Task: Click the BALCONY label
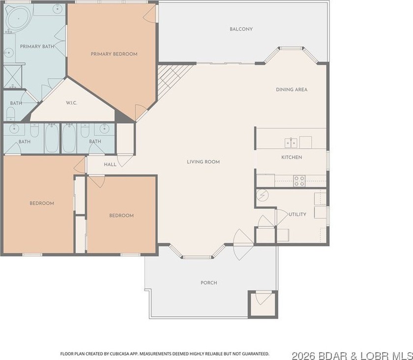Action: coord(241,29)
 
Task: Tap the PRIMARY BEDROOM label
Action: coord(114,54)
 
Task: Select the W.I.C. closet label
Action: coord(72,103)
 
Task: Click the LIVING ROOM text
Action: coord(204,162)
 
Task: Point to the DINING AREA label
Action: coord(292,90)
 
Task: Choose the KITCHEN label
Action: coord(292,157)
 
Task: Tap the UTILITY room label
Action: coord(297,214)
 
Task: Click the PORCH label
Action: coord(209,283)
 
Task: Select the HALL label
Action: coord(110,164)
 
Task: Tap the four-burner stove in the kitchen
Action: coord(299,181)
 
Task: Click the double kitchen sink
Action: coord(291,143)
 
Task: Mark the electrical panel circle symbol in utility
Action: coord(263,195)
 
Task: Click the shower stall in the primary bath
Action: coord(13,76)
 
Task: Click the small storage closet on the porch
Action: coord(263,304)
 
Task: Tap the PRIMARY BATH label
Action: coord(37,47)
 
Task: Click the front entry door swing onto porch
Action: coord(243,245)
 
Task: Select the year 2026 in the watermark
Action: coord(303,356)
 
